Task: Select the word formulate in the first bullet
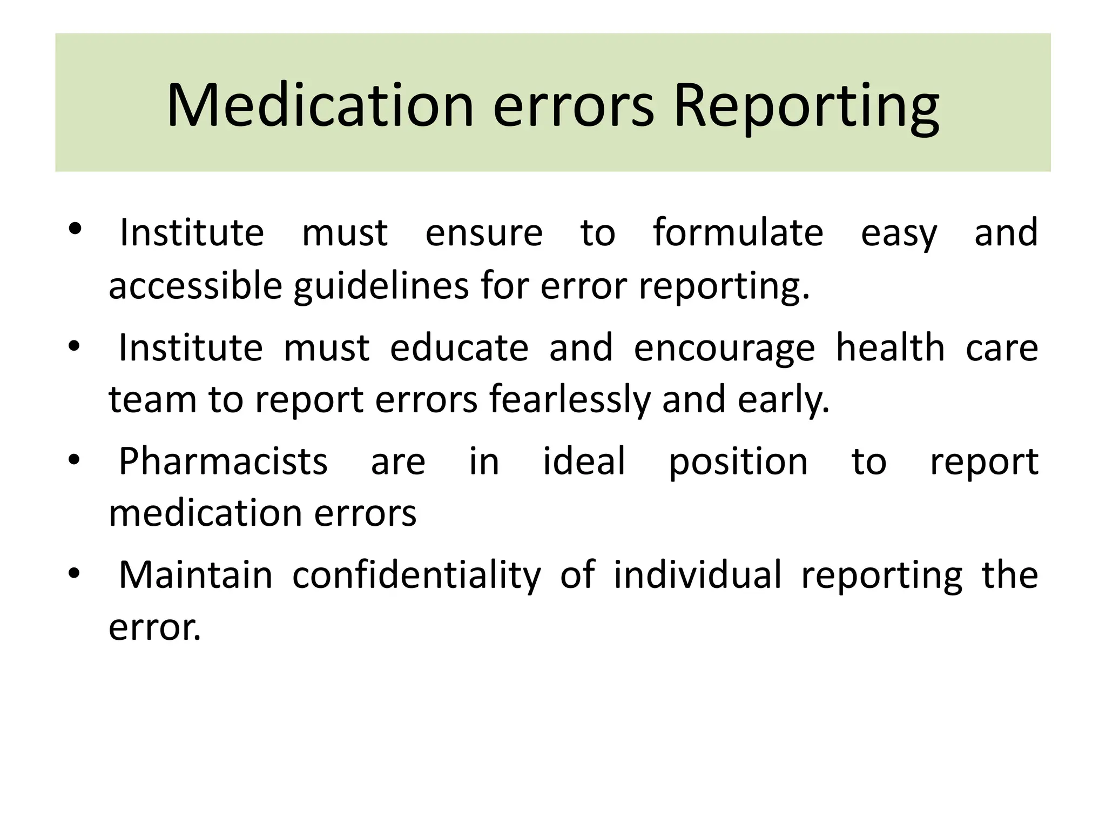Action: [738, 233]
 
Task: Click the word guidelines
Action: [381, 286]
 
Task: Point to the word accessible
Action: [195, 286]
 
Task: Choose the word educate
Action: [459, 347]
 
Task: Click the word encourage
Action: [724, 349]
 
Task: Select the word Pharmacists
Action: [223, 461]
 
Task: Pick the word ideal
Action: [584, 461]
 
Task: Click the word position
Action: [738, 463]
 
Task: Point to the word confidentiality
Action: [416, 575]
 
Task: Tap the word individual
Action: [697, 574]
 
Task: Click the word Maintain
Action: [195, 574]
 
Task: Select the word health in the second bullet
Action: [890, 347]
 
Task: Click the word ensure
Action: [484, 233]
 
